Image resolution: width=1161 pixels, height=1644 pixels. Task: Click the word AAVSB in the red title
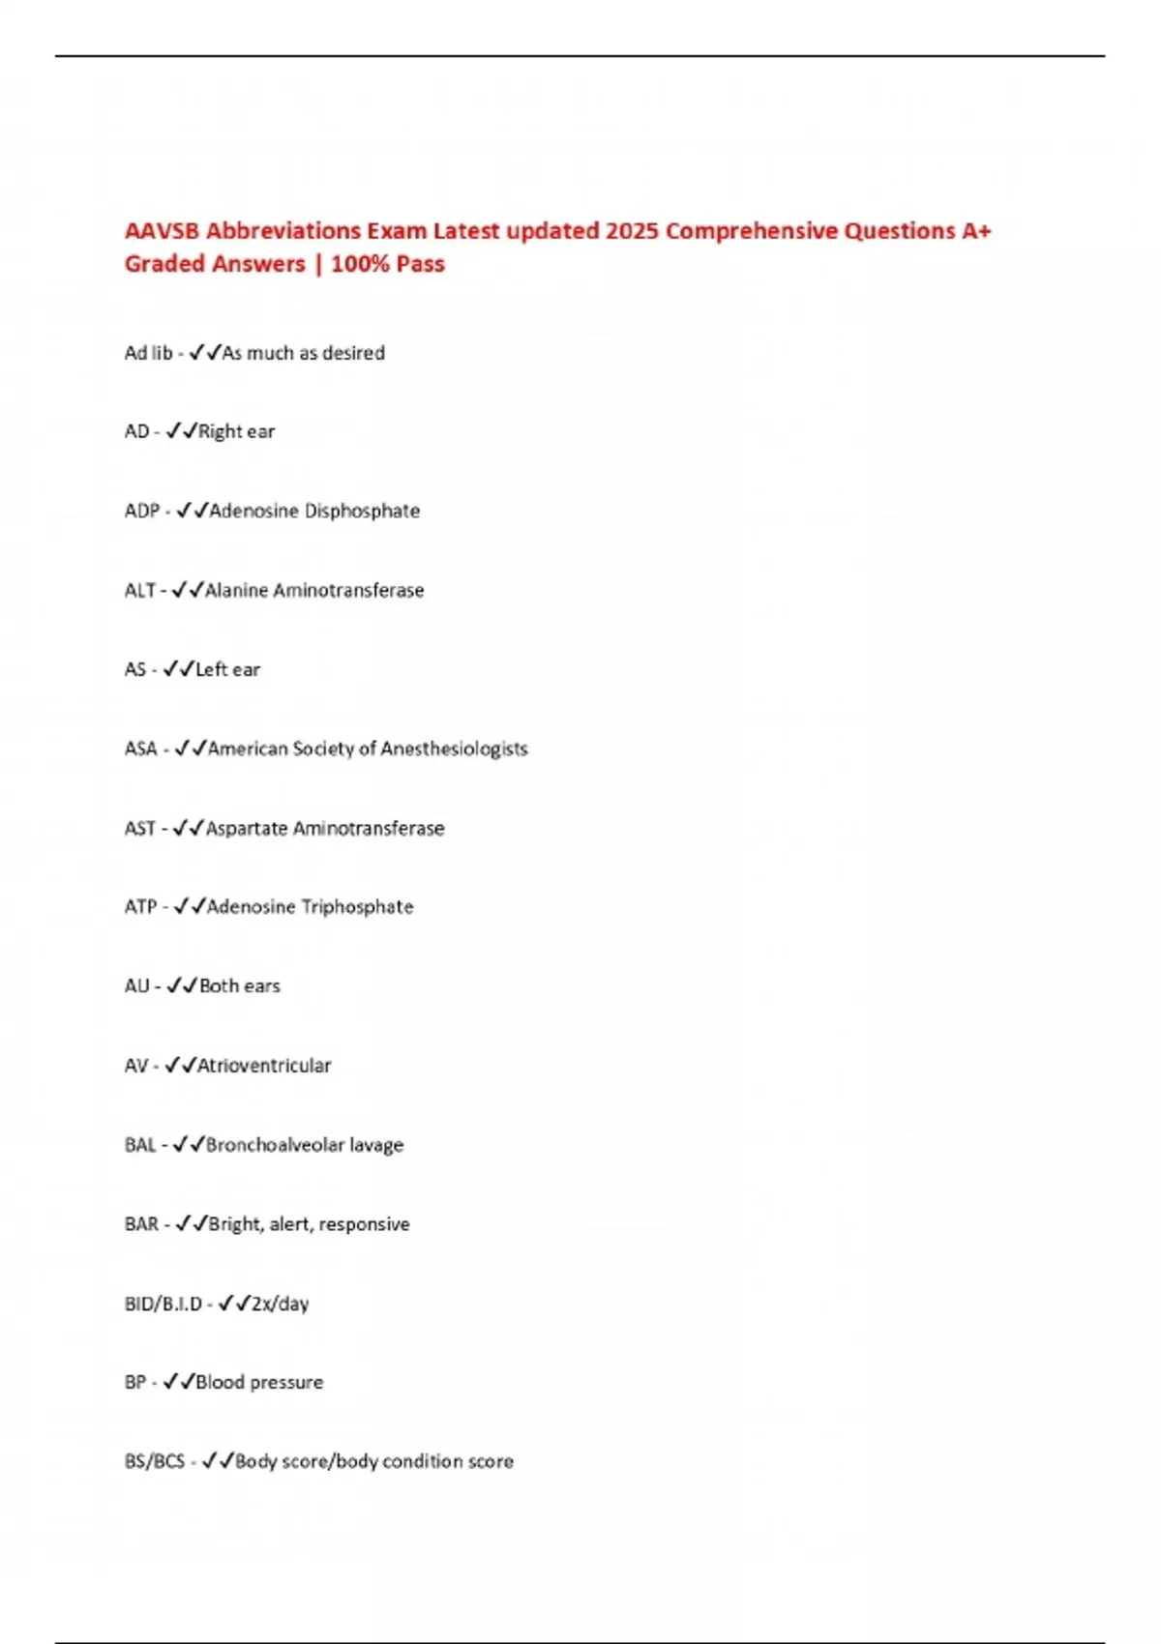[162, 231]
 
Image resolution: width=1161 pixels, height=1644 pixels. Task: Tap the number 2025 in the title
[632, 231]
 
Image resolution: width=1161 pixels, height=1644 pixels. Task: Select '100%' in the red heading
[359, 264]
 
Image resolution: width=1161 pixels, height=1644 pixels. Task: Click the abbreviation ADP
[141, 511]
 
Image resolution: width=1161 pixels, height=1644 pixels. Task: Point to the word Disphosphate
[362, 511]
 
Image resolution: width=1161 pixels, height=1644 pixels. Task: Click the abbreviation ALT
[139, 590]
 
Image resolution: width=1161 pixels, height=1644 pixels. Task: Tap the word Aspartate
[246, 828]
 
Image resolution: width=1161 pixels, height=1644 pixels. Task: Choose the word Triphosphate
[357, 907]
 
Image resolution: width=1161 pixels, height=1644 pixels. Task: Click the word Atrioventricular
[264, 1066]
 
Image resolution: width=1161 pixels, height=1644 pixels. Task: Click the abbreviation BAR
[141, 1224]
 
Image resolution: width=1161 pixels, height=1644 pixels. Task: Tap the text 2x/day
[280, 1304]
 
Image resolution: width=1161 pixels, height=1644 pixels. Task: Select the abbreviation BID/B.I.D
[163, 1304]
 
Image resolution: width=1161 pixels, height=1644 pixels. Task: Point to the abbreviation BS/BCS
[155, 1461]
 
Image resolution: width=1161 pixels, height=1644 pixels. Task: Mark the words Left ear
[227, 669]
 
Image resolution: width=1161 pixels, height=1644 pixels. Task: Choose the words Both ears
[239, 986]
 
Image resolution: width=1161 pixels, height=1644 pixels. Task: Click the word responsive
[364, 1224]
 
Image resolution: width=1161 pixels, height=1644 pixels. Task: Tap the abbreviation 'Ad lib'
[148, 353]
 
